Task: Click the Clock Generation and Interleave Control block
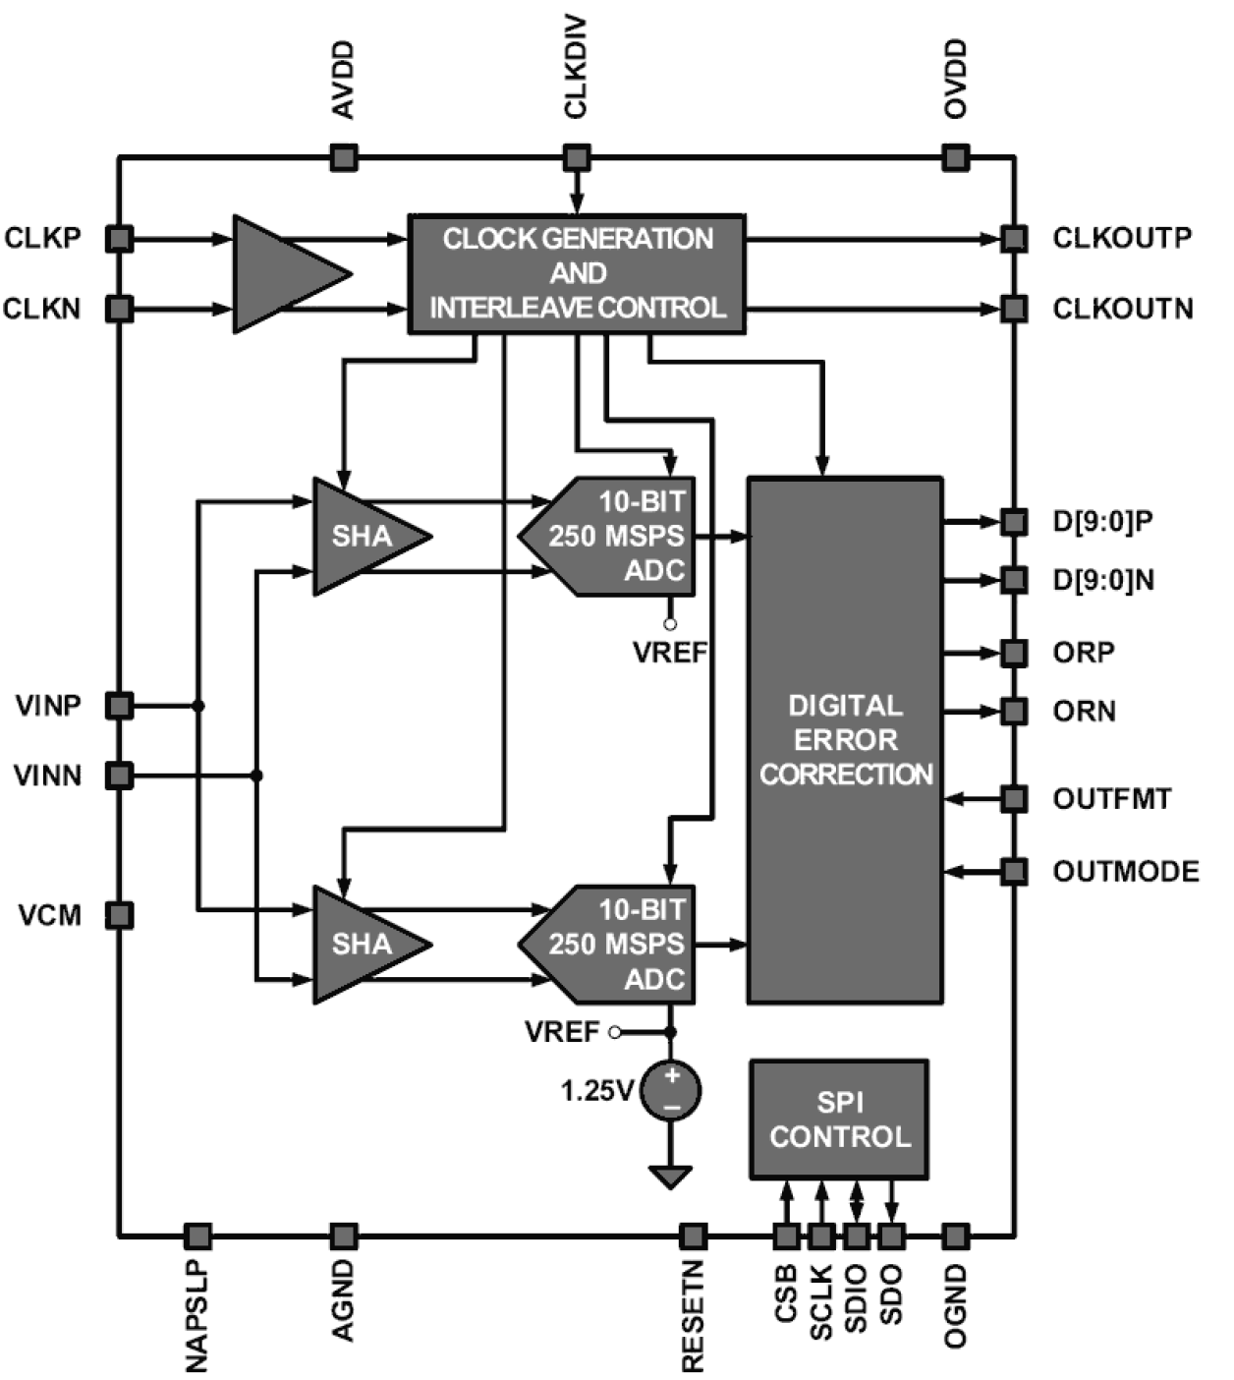pos(577,273)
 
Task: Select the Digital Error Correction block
pos(845,739)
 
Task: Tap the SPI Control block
pos(839,1119)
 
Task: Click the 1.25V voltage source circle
pos(671,1090)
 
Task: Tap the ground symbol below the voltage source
pos(671,1176)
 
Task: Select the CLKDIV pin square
pos(577,157)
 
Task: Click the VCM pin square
pos(120,915)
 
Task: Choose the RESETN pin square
pos(693,1236)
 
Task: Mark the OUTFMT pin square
pos(1014,798)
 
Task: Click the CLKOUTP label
pos(1122,238)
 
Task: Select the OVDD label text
pos(955,80)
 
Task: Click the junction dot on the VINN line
pos(257,776)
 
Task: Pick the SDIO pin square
pos(857,1236)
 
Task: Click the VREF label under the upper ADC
pos(670,652)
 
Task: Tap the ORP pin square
pos(1014,653)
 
